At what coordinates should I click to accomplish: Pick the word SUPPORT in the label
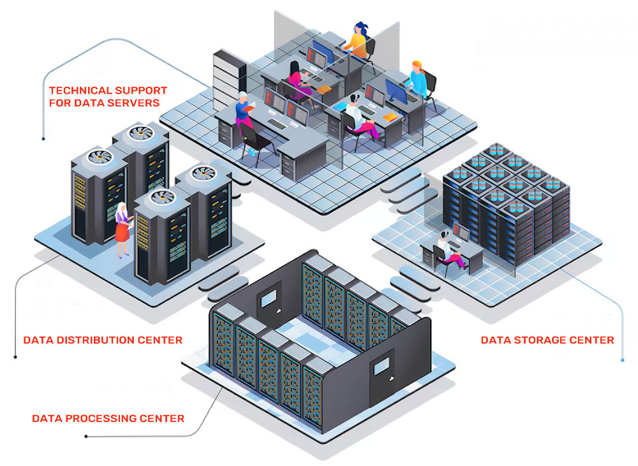(x=146, y=91)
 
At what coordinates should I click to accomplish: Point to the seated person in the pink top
(x=297, y=80)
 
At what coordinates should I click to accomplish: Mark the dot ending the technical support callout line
(x=43, y=137)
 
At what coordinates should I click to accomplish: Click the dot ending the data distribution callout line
(x=15, y=356)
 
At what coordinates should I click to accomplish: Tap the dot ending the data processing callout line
(x=86, y=437)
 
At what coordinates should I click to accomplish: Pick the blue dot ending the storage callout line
(x=622, y=361)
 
